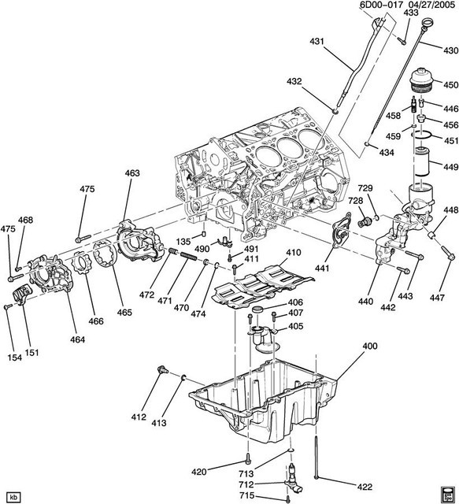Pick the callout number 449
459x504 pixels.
click(449, 166)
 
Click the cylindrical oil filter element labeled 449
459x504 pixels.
click(423, 167)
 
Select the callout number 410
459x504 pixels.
click(294, 253)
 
